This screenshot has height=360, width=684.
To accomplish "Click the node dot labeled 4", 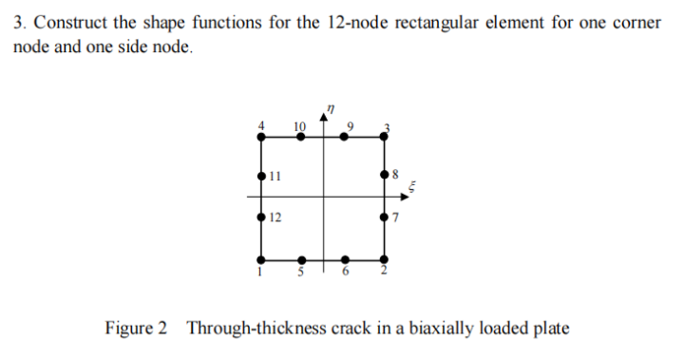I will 261,138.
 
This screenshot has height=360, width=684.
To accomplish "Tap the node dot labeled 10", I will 301,138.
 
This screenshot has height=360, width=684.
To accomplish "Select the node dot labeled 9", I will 345,138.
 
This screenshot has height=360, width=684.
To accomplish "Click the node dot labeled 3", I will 384,138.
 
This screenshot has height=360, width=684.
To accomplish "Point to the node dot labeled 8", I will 384,176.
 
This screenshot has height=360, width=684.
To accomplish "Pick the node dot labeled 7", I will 384,218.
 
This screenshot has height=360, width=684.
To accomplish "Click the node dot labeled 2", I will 384,259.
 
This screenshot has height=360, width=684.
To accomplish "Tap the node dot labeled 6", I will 345,259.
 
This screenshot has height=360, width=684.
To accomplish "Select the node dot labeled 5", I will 301,259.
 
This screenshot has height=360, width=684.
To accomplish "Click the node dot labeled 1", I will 261,259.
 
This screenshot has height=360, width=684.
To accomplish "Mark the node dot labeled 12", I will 261,218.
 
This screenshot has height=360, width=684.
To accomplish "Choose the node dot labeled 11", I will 261,176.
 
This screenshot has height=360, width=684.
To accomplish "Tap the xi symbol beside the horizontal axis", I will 411,187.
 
